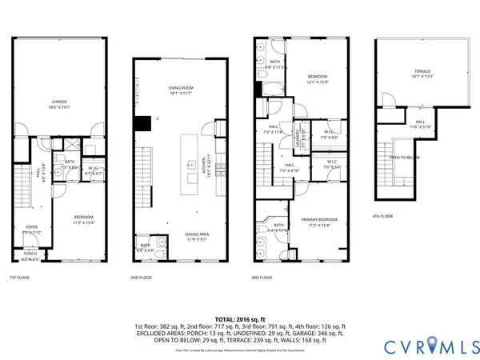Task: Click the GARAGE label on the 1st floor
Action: point(59,102)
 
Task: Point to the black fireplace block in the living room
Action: point(142,123)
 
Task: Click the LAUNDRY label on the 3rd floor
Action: point(298,138)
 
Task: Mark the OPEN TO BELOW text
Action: point(405,158)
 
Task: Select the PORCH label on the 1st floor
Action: point(30,254)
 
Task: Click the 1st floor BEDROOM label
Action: point(84,217)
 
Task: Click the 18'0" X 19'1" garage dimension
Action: point(59,107)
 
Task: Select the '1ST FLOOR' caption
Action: point(21,278)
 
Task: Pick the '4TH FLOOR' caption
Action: point(382,216)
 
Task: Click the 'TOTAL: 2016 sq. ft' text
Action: point(240,319)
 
